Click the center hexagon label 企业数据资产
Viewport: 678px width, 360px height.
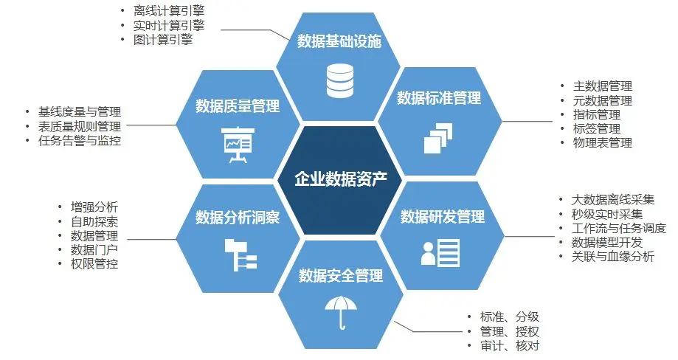(340, 179)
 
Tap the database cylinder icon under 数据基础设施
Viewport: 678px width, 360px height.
(340, 80)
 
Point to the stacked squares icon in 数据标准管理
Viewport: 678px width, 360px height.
(438, 136)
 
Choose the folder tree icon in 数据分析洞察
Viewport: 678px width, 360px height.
(239, 253)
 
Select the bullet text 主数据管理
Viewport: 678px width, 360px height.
(603, 86)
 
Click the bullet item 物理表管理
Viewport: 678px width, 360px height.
(603, 142)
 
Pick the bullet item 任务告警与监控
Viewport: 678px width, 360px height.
(80, 140)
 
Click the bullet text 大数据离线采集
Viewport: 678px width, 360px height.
(613, 200)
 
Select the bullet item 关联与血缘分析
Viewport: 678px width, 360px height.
(613, 256)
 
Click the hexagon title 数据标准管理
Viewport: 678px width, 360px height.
(439, 98)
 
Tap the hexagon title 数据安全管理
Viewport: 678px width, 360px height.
(340, 276)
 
